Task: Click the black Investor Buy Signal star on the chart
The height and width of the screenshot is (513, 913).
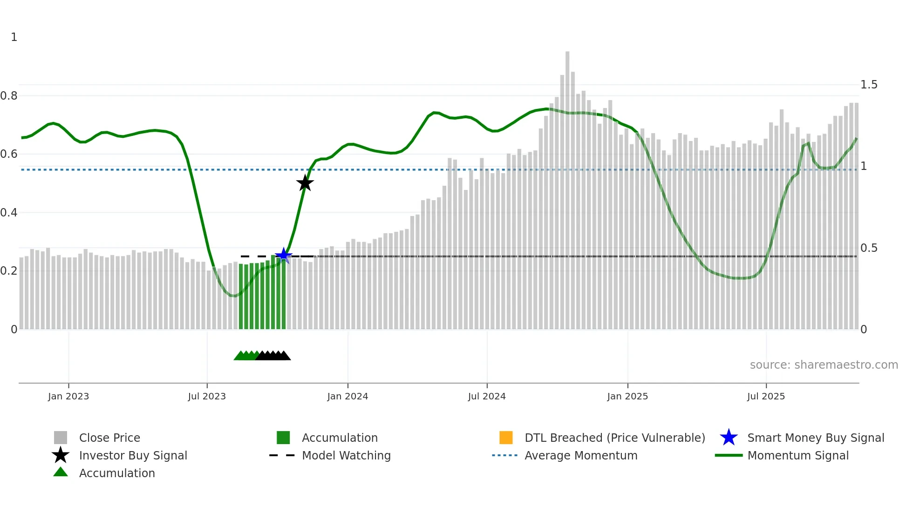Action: [305, 183]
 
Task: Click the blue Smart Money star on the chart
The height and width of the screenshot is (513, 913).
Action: [283, 255]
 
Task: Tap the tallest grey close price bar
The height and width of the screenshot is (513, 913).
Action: [567, 186]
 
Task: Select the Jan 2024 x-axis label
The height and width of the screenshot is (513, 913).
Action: [347, 396]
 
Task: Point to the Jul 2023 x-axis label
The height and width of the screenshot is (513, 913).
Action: [207, 396]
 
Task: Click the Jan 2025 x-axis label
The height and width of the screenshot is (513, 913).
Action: [627, 396]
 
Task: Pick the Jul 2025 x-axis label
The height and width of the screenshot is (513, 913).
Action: [766, 396]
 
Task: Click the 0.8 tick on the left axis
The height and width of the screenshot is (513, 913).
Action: [9, 96]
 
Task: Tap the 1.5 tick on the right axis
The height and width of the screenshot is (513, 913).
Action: [869, 85]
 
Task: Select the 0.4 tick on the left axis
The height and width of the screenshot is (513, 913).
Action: [9, 213]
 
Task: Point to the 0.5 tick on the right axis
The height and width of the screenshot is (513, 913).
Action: [869, 248]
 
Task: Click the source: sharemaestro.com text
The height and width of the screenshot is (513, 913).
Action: [824, 365]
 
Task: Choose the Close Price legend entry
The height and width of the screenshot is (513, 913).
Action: [109, 438]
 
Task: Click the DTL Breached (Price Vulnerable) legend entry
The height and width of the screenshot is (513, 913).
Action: [614, 438]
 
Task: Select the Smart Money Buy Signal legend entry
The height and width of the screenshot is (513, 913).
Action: [816, 438]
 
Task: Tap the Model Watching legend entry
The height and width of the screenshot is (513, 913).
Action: [346, 455]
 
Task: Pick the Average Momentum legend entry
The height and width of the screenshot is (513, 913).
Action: [581, 455]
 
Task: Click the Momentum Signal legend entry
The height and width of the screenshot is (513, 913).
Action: [798, 455]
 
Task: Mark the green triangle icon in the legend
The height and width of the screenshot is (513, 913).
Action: [61, 472]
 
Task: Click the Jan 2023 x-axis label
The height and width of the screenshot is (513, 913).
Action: [68, 396]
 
